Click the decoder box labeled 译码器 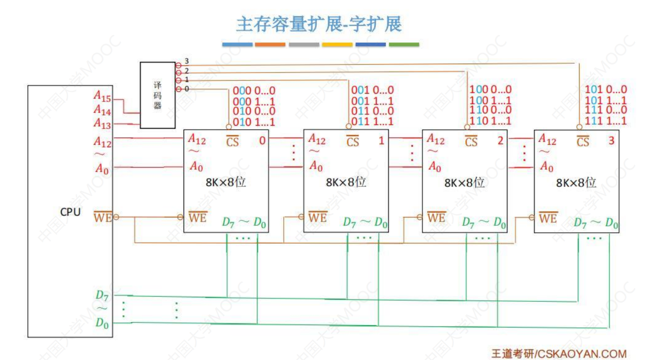click(157, 95)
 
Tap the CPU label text click(70, 213)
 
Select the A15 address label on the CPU click(103, 96)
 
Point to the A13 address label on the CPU click(103, 123)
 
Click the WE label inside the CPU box click(103, 217)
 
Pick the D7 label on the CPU click(102, 295)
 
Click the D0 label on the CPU click(102, 324)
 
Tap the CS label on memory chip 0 click(232, 142)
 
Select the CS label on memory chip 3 click(583, 142)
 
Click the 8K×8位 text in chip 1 click(346, 182)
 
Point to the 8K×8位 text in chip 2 click(465, 182)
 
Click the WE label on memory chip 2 click(436, 217)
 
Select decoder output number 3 click(187, 61)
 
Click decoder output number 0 click(187, 89)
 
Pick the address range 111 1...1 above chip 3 click(606, 121)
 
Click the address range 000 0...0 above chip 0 click(254, 90)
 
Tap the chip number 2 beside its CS click(500, 141)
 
